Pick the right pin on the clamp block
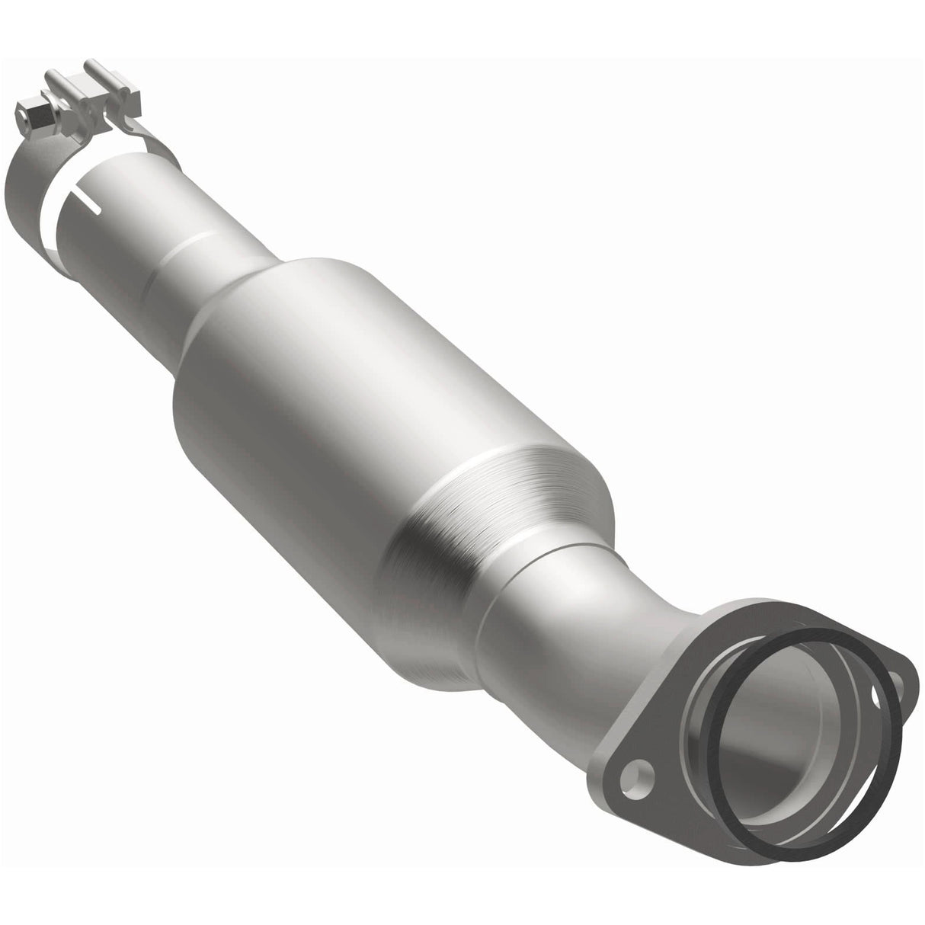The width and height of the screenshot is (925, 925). coord(98,72)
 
